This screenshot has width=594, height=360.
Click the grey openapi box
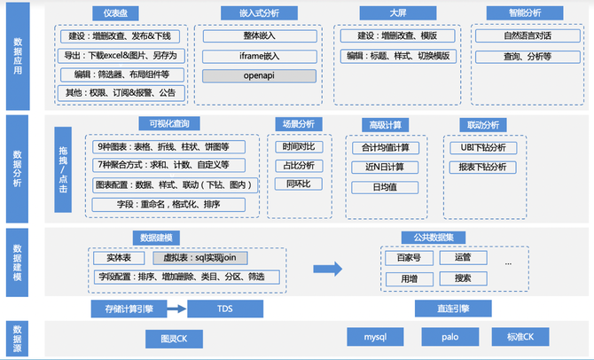pyautogui.click(x=259, y=75)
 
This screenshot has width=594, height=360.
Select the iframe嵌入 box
pyautogui.click(x=260, y=57)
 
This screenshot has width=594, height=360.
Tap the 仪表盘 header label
pyautogui.click(x=115, y=13)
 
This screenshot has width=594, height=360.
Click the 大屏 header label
pyautogui.click(x=398, y=13)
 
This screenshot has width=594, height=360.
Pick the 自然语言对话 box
pyautogui.click(x=528, y=36)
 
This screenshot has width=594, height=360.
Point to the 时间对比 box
pyautogui.click(x=299, y=146)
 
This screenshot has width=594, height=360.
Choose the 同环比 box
pyautogui.click(x=299, y=184)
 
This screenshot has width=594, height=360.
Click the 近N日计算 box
pyautogui.click(x=385, y=167)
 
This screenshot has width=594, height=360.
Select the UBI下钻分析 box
pyautogui.click(x=483, y=148)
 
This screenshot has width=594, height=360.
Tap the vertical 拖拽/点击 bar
pyautogui.click(x=63, y=169)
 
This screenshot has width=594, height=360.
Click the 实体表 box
pyautogui.click(x=119, y=258)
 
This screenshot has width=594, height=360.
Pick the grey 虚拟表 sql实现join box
pyautogui.click(x=200, y=258)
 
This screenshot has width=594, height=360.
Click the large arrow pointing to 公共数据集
pyautogui.click(x=328, y=269)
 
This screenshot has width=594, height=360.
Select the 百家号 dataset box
pyautogui.click(x=409, y=258)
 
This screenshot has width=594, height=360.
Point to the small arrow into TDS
pyautogui.click(x=176, y=309)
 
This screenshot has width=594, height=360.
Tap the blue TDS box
pyautogui.click(x=225, y=309)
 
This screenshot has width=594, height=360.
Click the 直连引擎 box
pyautogui.click(x=453, y=309)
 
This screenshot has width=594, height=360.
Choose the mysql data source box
pyautogui.click(x=375, y=337)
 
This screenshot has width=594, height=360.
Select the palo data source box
pyautogui.click(x=450, y=337)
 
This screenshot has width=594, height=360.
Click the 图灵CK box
pyautogui.click(x=174, y=339)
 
